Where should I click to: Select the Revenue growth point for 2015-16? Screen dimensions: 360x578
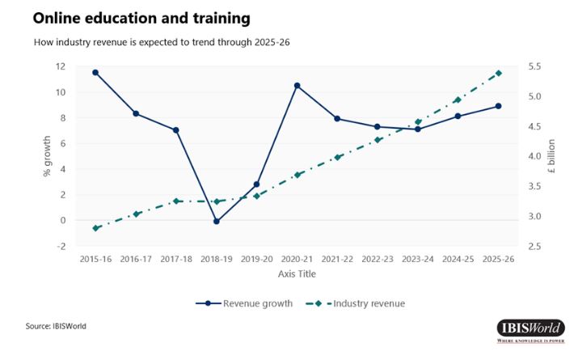coord(95,72)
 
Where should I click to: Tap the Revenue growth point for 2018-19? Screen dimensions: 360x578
coord(216,221)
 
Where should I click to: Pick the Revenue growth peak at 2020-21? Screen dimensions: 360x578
coord(297,85)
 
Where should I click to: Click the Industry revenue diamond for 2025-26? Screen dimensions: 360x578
coord(498,73)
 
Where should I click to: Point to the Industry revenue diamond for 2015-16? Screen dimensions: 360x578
coord(95,228)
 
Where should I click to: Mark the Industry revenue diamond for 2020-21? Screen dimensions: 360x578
coord(297,175)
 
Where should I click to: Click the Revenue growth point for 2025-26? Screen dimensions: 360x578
coord(498,106)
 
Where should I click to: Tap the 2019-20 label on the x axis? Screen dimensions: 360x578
coord(256,260)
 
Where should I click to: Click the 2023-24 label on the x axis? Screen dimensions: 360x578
coord(417,260)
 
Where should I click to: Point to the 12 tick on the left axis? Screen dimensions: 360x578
coord(61,66)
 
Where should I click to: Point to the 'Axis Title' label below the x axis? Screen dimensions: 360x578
coord(296,274)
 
